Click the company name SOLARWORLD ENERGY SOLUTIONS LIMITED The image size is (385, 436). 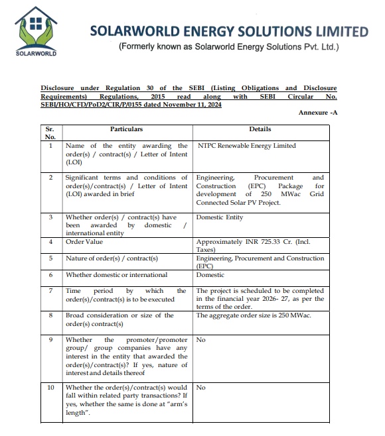(228, 31)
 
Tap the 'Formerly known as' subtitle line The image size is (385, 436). (228, 47)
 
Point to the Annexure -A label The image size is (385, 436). (318, 113)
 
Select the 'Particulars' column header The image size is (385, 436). (126, 129)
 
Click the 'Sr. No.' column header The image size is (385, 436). (50, 133)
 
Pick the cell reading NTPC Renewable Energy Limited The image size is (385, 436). (246, 146)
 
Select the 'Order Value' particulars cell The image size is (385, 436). (84, 242)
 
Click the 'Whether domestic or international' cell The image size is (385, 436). (116, 275)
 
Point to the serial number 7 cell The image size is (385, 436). (50, 291)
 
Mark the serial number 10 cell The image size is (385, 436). (50, 388)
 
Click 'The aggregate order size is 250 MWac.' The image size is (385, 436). (254, 315)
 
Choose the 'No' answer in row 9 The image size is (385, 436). (201, 339)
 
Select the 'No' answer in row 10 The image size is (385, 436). (201, 388)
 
